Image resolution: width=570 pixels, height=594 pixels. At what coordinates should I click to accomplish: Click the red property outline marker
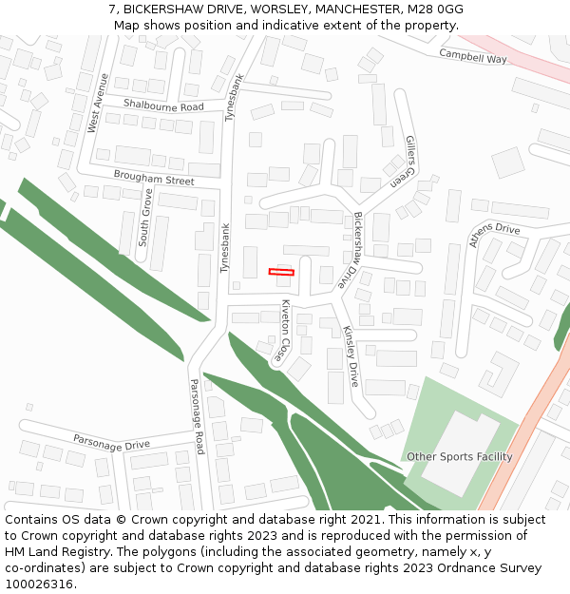pyautogui.click(x=281, y=272)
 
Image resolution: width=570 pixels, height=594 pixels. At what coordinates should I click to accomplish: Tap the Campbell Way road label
pyautogui.click(x=473, y=56)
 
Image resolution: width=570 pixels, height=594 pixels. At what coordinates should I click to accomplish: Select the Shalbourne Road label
pyautogui.click(x=163, y=106)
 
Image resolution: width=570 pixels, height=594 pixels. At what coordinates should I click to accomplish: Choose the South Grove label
pyautogui.click(x=144, y=218)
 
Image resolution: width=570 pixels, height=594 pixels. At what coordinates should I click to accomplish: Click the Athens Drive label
pyautogui.click(x=494, y=235)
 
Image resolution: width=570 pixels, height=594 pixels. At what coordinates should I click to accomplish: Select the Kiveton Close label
pyautogui.click(x=283, y=330)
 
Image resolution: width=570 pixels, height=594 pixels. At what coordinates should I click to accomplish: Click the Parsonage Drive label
pyautogui.click(x=112, y=443)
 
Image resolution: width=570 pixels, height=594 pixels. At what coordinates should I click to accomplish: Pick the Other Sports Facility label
pyautogui.click(x=459, y=457)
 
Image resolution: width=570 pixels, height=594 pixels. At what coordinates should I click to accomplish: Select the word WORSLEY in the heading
pyautogui.click(x=277, y=9)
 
